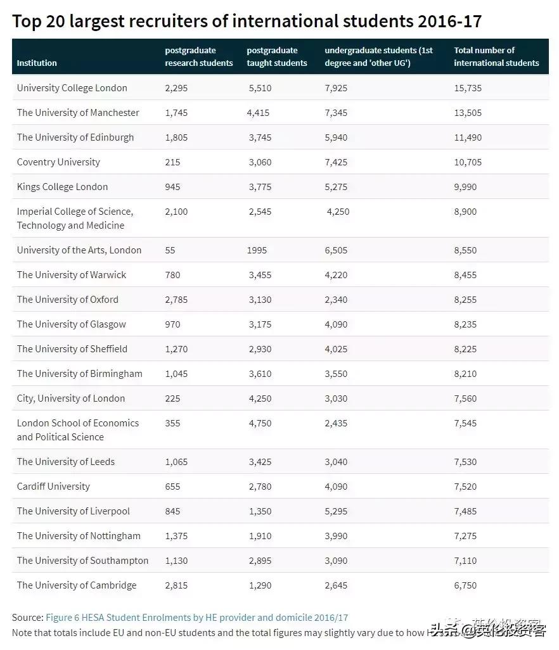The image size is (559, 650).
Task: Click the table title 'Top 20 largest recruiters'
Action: [x=247, y=22]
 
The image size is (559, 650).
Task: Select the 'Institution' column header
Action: [x=37, y=63]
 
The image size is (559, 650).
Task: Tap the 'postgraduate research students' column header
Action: [x=199, y=56]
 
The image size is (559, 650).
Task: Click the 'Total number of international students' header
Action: [x=496, y=56]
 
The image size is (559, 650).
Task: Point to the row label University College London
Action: [x=72, y=88]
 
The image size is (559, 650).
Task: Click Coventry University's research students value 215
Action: [x=172, y=162]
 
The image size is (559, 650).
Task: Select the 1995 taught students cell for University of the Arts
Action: [x=257, y=250]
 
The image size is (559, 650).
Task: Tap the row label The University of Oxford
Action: [x=67, y=300]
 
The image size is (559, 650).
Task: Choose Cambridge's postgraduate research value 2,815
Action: [x=176, y=585]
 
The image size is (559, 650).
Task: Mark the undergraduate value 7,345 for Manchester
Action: [x=336, y=113]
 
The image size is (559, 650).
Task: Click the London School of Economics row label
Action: [x=77, y=430]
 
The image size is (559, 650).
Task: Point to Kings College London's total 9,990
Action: [x=465, y=187]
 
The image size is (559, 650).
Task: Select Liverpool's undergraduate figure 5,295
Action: [x=336, y=511]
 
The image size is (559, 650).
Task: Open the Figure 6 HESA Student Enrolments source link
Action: [x=196, y=617]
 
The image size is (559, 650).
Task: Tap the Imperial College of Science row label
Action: [x=75, y=218]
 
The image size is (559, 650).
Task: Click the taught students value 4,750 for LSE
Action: [x=260, y=423]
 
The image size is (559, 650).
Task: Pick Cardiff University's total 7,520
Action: [x=465, y=487]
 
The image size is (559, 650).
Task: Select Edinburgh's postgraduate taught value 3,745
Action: [x=260, y=137]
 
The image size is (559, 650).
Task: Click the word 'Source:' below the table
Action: [x=27, y=617]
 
